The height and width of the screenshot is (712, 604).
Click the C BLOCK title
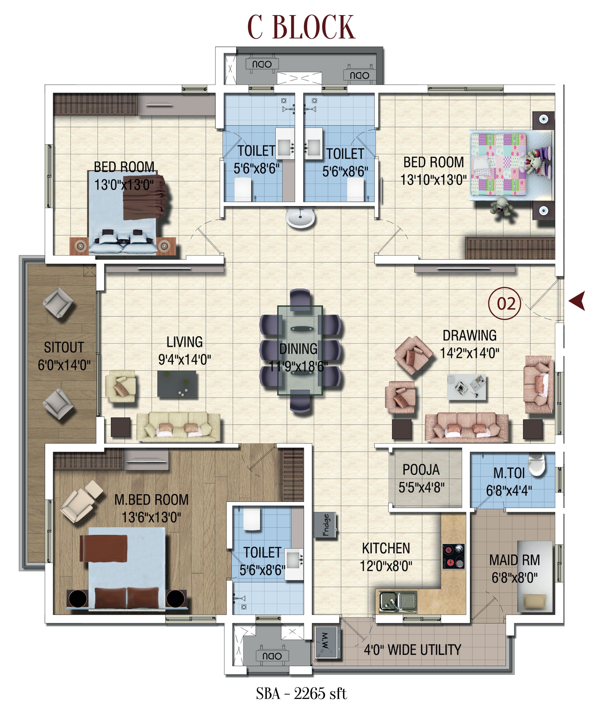click(x=301, y=28)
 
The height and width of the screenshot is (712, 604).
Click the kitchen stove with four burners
click(x=454, y=556)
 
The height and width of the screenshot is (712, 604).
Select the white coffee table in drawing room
click(x=466, y=387)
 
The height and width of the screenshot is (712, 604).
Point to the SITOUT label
click(x=64, y=348)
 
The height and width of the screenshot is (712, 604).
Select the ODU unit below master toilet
click(x=272, y=656)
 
